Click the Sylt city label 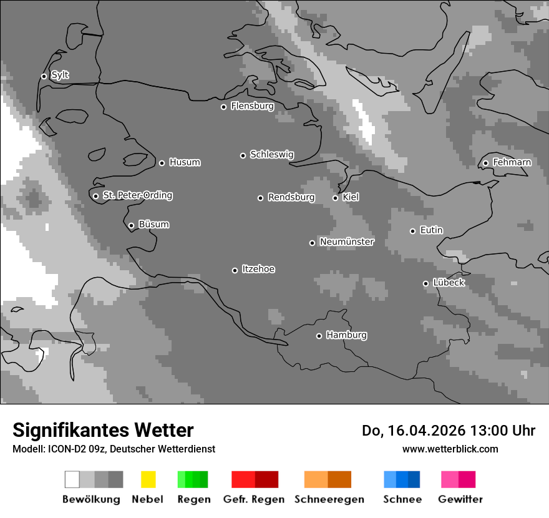click(60, 76)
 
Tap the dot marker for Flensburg click(223, 107)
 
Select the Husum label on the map click(185, 163)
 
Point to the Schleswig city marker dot click(243, 155)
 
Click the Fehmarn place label click(512, 163)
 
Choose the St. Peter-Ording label click(137, 195)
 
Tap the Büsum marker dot click(131, 225)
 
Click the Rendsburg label click(291, 198)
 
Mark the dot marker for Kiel click(335, 198)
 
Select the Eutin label click(431, 230)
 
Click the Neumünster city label click(347, 242)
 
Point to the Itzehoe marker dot click(235, 270)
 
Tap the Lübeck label click(449, 283)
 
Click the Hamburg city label click(346, 335)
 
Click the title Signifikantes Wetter click(103, 430)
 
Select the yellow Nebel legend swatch click(148, 479)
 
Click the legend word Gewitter click(460, 499)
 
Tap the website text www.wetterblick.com click(450, 449)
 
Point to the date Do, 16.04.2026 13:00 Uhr click(448, 431)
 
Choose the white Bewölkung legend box click(72, 479)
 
